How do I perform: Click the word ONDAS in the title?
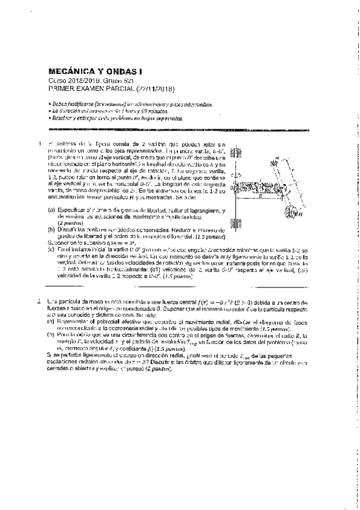point(112,70)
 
